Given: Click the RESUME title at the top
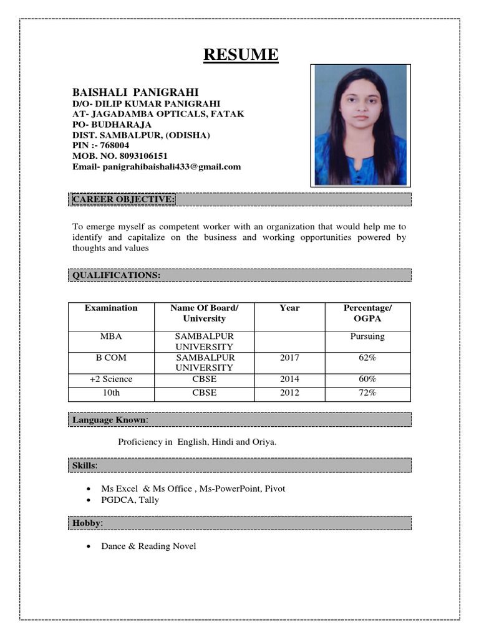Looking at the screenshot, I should pyautogui.click(x=241, y=55).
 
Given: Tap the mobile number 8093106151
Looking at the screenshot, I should pyautogui.click(x=138, y=156).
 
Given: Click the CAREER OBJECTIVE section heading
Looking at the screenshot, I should pyautogui.click(x=123, y=199).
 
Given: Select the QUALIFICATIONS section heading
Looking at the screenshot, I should pyautogui.click(x=117, y=275).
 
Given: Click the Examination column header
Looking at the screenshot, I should pyautogui.click(x=111, y=308).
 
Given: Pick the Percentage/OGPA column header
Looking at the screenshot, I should pyautogui.click(x=367, y=313).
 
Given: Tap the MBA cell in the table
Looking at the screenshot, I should pyautogui.click(x=111, y=336).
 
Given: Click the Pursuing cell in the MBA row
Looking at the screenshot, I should pyautogui.click(x=367, y=336).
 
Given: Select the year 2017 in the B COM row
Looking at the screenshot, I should pyautogui.click(x=289, y=358).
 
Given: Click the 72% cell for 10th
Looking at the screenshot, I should pyautogui.click(x=367, y=393).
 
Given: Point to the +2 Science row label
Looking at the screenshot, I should pyautogui.click(x=111, y=379).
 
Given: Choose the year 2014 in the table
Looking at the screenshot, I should pyautogui.click(x=289, y=379).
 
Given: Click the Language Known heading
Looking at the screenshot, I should pyautogui.click(x=110, y=420).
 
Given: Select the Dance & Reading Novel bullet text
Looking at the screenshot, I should pyautogui.click(x=148, y=546).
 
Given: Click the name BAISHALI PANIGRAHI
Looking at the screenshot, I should pyautogui.click(x=135, y=92).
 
